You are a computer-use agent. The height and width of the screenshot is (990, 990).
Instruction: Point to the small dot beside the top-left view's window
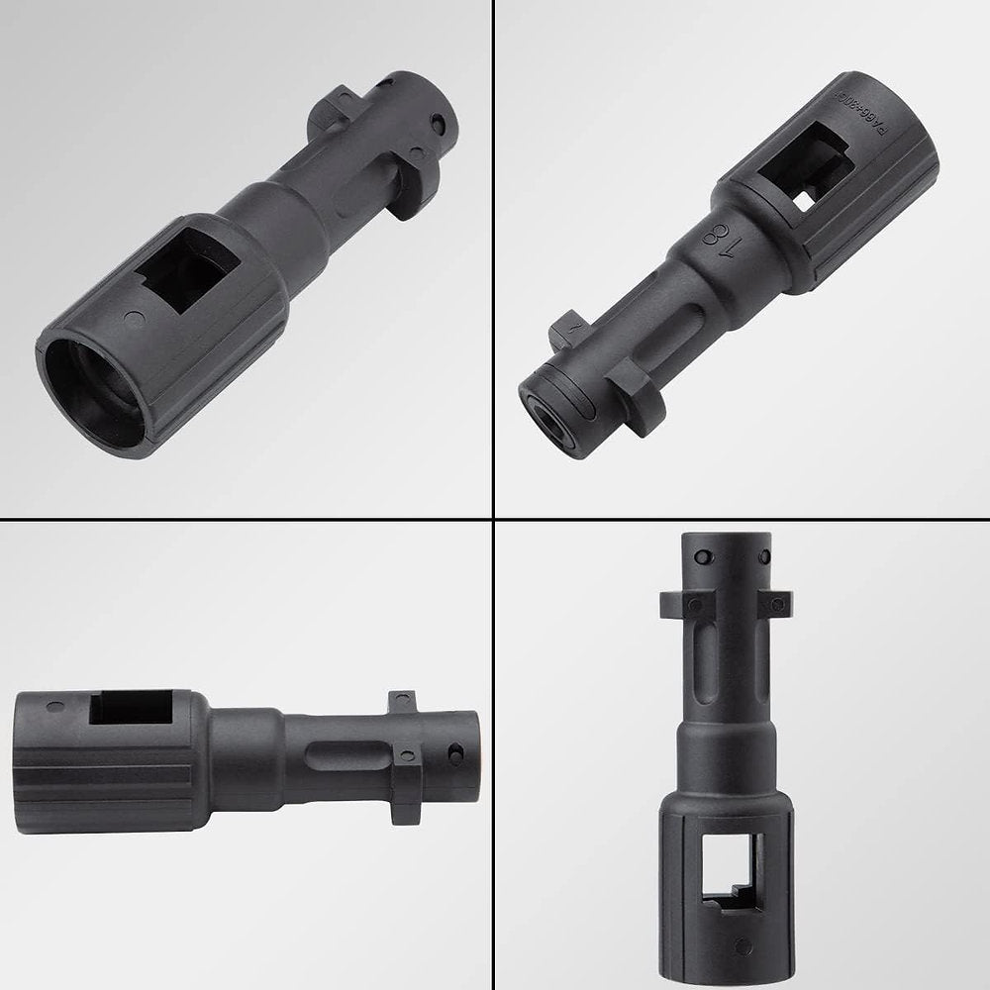137,319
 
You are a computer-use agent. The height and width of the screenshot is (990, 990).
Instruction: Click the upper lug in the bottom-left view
402,702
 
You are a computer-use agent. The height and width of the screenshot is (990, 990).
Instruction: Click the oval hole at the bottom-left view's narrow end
456,756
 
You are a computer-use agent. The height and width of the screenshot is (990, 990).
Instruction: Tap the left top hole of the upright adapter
701,556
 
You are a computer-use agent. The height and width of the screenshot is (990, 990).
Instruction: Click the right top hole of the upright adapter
759,555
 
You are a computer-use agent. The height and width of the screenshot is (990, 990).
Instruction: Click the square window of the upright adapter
732,870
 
